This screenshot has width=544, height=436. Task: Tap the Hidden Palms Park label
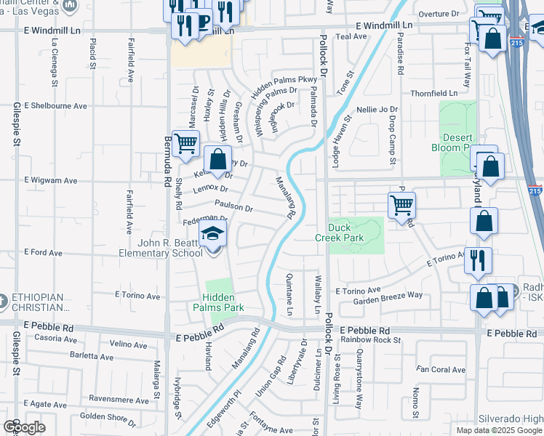click(223, 302)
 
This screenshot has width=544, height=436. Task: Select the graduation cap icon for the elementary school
click(213, 234)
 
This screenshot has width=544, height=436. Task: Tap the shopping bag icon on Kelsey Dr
click(217, 158)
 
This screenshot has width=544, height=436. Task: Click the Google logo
click(23, 427)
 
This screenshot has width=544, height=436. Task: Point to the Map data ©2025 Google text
click(499, 430)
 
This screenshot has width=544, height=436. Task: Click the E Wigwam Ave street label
click(51, 180)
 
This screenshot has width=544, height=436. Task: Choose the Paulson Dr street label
click(233, 208)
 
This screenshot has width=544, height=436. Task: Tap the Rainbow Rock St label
click(370, 339)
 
